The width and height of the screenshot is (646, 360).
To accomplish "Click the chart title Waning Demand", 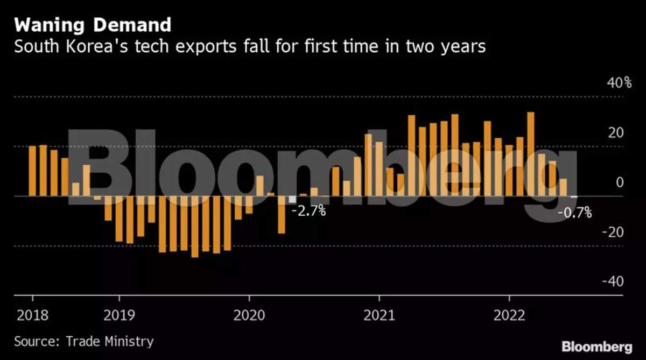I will (x=93, y=25).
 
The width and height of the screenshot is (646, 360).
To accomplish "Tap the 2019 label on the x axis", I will (x=119, y=315).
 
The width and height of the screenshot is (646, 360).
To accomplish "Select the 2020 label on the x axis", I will (x=249, y=315).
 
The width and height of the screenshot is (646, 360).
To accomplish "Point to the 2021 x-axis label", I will (x=379, y=315).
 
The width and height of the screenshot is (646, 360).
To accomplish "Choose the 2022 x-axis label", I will (x=509, y=315).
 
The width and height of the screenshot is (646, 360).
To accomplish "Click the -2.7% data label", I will (x=308, y=211).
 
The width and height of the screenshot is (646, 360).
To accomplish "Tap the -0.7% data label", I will (x=574, y=214).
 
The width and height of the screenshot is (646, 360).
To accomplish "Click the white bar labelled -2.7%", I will (x=292, y=200).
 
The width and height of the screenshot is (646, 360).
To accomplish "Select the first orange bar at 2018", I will (x=32, y=171).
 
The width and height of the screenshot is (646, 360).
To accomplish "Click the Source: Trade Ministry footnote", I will (x=83, y=341).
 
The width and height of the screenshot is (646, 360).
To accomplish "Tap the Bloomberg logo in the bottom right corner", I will (x=596, y=346).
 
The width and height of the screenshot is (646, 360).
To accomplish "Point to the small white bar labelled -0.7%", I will (x=574, y=197).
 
